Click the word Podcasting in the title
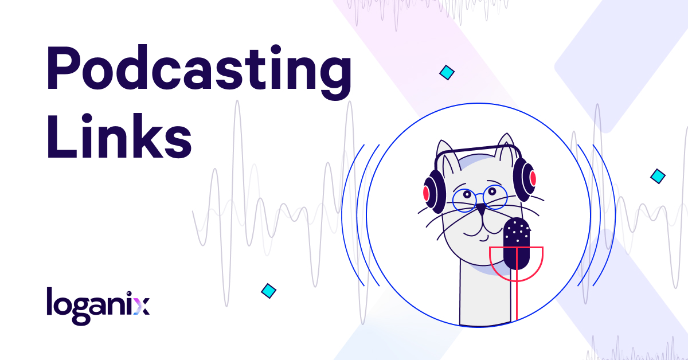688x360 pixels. (x=199, y=72)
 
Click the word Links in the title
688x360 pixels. (x=119, y=135)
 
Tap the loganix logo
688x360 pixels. (x=98, y=306)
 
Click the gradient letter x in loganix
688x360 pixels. (x=142, y=306)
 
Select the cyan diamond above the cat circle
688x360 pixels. (x=447, y=72)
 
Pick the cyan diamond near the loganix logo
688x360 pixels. (x=268, y=291)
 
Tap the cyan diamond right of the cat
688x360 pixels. (x=658, y=177)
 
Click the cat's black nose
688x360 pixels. (x=481, y=209)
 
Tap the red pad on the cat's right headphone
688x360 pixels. (x=533, y=178)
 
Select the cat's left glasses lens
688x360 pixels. (x=464, y=201)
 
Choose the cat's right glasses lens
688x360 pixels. (x=495, y=197)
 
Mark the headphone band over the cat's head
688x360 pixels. (x=478, y=151)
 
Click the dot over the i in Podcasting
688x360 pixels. (x=276, y=50)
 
